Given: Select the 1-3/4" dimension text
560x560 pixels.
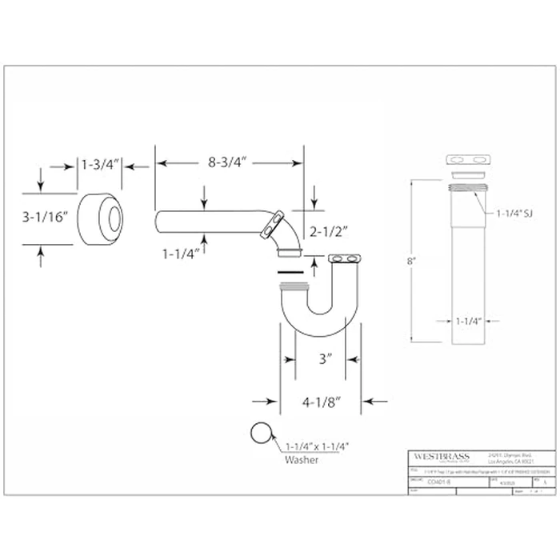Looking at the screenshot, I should point(99,164).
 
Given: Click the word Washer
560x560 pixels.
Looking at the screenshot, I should point(302,460).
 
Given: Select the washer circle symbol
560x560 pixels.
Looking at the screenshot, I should point(261,433).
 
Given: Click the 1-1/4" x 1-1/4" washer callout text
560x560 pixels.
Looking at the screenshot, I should point(317,446).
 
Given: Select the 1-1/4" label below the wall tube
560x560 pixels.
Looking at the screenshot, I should point(181,254).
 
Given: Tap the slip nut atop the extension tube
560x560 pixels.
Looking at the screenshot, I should point(466,160).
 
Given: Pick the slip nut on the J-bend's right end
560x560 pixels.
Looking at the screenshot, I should point(346,259).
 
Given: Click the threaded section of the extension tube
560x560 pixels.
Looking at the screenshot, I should point(466,190).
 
